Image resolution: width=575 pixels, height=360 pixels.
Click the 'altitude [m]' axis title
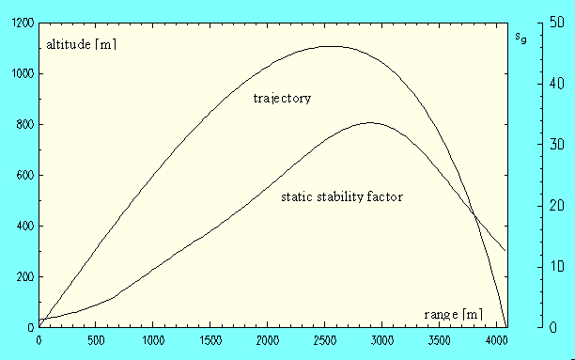pyautogui.click(x=82, y=44)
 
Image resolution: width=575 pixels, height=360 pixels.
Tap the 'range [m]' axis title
pyautogui.click(x=453, y=313)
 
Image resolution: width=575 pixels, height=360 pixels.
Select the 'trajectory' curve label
pyautogui.click(x=282, y=98)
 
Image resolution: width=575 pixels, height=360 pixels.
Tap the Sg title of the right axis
pyautogui.click(x=521, y=38)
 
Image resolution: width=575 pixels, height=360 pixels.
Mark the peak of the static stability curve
pyautogui.click(x=370, y=122)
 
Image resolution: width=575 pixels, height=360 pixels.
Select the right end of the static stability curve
pyautogui.click(x=506, y=251)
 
